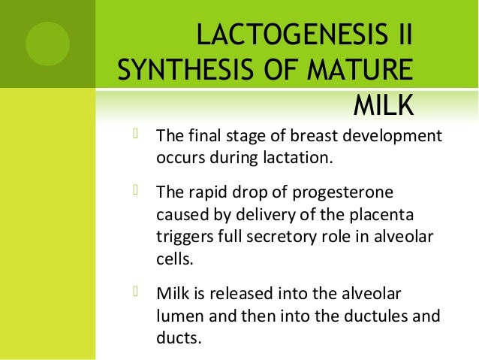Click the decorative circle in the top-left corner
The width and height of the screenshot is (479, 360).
[47, 43]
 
